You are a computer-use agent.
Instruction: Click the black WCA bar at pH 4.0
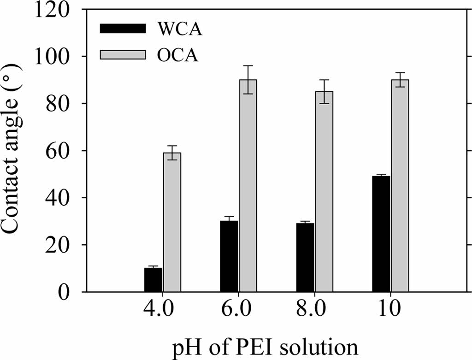pyautogui.click(x=153, y=280)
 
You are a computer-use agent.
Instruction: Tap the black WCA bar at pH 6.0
pyautogui.click(x=229, y=256)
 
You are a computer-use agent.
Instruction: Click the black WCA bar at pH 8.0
pyautogui.click(x=305, y=257)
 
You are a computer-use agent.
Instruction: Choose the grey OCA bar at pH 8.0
pyautogui.click(x=324, y=191)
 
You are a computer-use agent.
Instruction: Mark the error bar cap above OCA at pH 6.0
pyautogui.click(x=248, y=66)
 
